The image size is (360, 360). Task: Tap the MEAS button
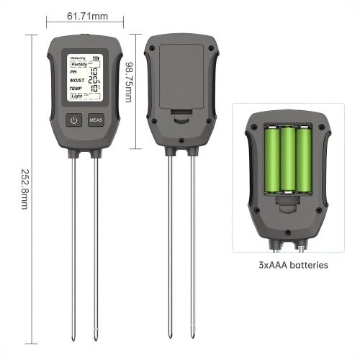coord(96,120)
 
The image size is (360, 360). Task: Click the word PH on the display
coord(73,72)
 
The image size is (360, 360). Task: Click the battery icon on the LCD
coord(98,59)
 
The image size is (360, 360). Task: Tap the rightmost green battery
coord(305,160)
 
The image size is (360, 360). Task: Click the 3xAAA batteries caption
coord(293,265)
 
